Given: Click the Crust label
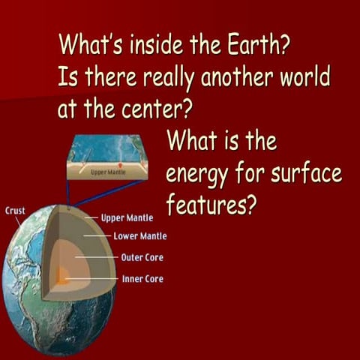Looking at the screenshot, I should [x=16, y=211].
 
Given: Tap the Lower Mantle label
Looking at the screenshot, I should [x=139, y=236].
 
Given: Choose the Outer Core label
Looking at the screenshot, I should [x=142, y=257].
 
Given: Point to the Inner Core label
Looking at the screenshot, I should [x=142, y=279].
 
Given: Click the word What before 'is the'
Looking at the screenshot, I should [x=191, y=140].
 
